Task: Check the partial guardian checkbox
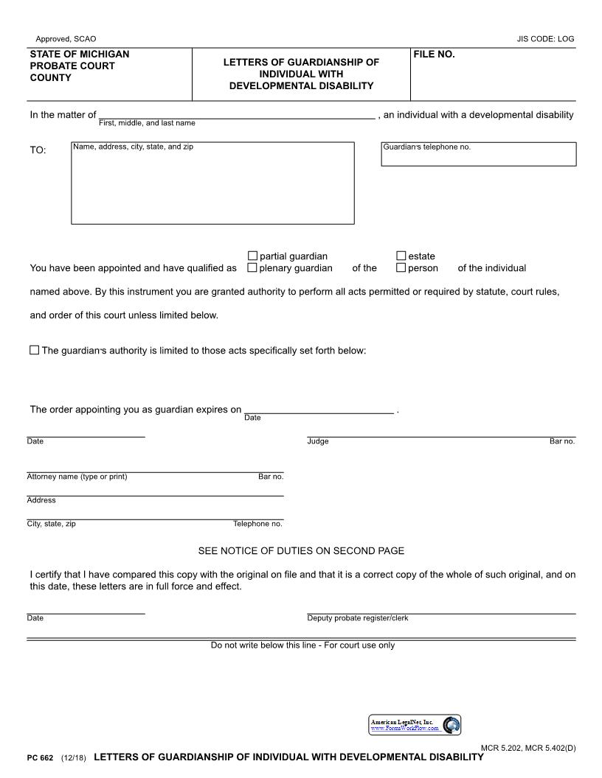point(252,256)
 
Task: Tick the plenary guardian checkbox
point(252,267)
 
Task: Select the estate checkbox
point(401,256)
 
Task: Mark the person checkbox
point(401,267)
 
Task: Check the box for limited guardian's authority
point(35,350)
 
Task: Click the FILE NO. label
point(434,55)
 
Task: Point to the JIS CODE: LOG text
point(545,39)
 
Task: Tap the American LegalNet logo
point(415,725)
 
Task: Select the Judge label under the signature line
point(318,441)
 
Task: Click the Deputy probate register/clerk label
point(357,618)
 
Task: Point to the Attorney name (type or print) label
point(77,477)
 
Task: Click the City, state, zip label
point(51,524)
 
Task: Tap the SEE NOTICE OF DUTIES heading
point(301,550)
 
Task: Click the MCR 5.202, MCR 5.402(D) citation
point(528,749)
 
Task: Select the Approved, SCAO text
point(66,39)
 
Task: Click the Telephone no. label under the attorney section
point(257,524)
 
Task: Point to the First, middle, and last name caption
point(147,123)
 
